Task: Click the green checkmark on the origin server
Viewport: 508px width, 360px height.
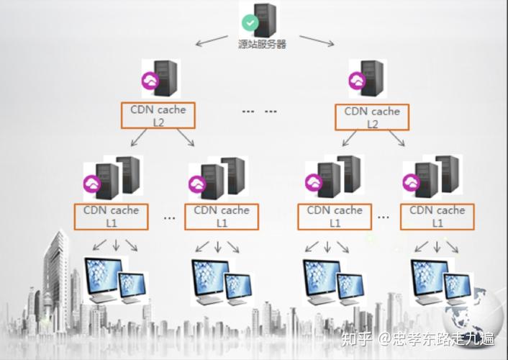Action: coord(250,22)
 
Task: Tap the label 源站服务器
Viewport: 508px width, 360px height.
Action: coord(263,44)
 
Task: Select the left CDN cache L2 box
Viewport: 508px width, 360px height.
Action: coord(158,117)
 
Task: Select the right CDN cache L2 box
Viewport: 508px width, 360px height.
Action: coord(372,117)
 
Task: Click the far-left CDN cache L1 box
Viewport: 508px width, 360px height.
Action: coord(111,216)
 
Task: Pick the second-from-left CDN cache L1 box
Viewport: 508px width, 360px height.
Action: coord(222,216)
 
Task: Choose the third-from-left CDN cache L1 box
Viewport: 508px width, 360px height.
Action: coord(335,216)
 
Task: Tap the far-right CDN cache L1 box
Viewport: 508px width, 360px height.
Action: coord(437,216)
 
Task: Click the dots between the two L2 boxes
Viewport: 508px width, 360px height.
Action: coord(260,112)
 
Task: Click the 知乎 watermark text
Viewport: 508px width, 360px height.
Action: coord(357,338)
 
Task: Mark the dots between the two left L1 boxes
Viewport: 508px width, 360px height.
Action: coord(169,217)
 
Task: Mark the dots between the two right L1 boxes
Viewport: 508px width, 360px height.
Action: coord(384,216)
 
